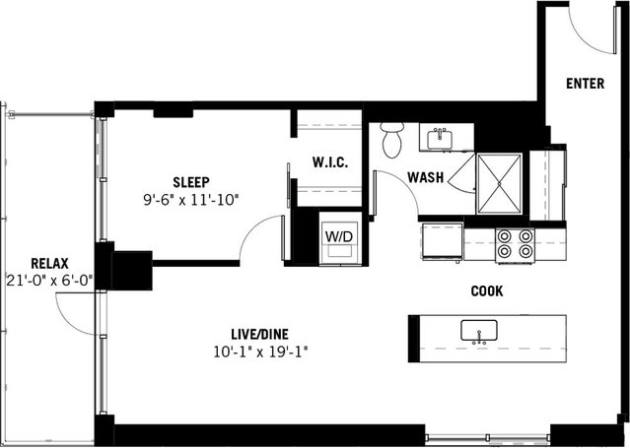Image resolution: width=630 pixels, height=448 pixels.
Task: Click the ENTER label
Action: tap(586, 84)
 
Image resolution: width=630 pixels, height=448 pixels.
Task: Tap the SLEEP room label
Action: tap(190, 182)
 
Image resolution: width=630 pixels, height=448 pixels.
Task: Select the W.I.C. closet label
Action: tap(328, 162)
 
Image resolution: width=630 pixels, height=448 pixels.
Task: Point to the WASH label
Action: tap(425, 178)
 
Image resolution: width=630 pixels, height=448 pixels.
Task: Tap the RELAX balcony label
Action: tap(48, 263)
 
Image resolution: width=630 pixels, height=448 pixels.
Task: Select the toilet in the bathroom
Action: tap(393, 139)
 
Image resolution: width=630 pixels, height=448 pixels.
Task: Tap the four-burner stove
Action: tap(514, 243)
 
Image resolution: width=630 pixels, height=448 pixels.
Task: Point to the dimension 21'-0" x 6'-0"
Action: tap(48, 280)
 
